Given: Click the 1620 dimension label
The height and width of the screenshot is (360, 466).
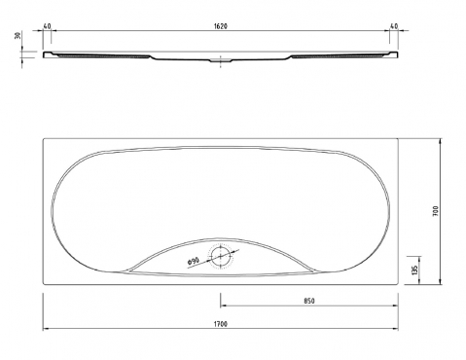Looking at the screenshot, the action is click(x=221, y=26).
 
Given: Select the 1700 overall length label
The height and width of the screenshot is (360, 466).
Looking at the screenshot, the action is click(x=221, y=324).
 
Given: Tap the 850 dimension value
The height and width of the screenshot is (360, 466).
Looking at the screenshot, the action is click(x=309, y=301).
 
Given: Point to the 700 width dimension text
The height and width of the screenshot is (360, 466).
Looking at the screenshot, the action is click(x=435, y=211).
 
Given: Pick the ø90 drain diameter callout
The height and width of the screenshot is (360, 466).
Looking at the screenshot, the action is click(x=193, y=262).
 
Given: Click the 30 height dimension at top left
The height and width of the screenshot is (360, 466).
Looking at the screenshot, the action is click(x=18, y=35).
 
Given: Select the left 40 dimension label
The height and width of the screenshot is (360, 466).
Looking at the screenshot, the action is click(x=47, y=26).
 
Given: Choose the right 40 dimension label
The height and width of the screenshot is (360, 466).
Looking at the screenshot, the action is click(x=394, y=26).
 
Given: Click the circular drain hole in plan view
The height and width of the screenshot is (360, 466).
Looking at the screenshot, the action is click(x=221, y=256).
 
